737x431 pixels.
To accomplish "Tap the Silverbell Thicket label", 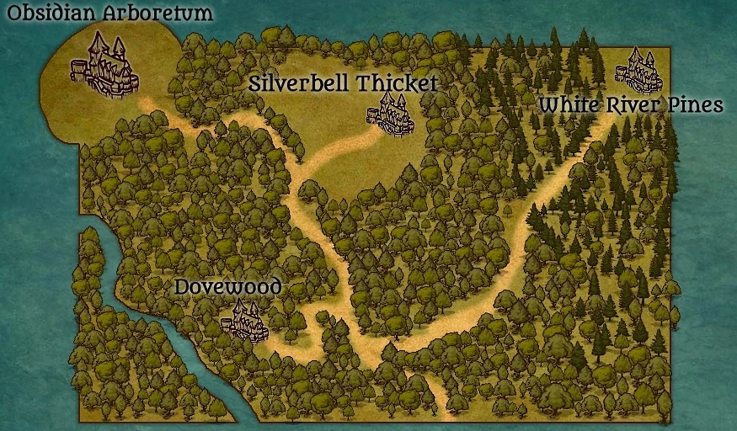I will (344, 83).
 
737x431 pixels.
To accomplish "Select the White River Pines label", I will (631, 105).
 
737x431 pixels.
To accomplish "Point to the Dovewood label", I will (227, 288).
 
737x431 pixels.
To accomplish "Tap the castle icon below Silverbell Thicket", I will (393, 115).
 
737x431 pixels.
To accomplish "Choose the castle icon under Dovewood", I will (243, 322).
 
